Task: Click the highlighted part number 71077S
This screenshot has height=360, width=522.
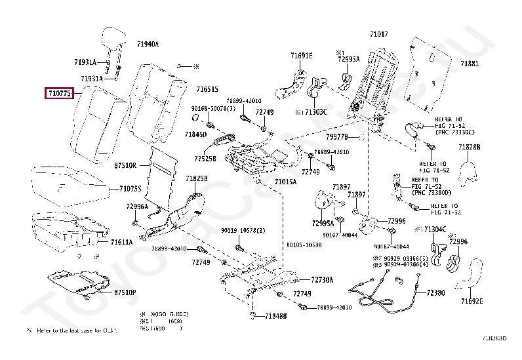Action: (x=60, y=94)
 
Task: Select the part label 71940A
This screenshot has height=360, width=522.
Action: (x=148, y=45)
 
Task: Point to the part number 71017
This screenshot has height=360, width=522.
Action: (x=378, y=34)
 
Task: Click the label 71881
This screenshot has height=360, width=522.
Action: (x=469, y=64)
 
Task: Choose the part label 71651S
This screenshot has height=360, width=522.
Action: (x=207, y=89)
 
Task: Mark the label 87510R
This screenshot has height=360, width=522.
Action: (x=125, y=166)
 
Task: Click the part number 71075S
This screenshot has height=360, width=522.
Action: (x=130, y=188)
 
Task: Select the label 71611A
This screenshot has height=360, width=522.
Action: (x=122, y=242)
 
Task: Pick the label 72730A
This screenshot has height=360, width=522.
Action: (x=322, y=279)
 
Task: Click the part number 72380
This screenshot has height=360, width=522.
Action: (x=435, y=292)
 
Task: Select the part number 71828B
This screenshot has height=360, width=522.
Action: (x=470, y=147)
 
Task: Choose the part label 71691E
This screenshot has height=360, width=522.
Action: (x=302, y=56)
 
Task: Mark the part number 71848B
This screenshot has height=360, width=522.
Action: (x=276, y=317)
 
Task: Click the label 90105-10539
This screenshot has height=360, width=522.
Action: (x=304, y=245)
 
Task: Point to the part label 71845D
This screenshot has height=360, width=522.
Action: (x=195, y=134)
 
